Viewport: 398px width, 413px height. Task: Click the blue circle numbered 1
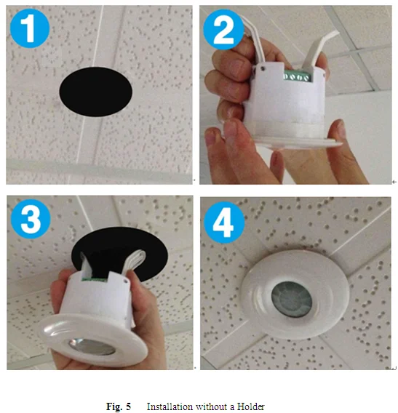30,28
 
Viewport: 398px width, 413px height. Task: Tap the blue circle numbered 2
223,30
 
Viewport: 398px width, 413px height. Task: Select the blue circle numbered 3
31,219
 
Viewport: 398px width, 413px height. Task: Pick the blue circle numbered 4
224,222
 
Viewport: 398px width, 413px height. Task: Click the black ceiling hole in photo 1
95,92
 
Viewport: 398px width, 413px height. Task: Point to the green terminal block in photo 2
297,76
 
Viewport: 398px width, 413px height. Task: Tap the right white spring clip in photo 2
321,50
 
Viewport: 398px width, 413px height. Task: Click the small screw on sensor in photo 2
263,68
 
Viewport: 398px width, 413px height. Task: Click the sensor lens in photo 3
92,346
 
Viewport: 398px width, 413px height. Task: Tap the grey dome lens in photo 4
292,300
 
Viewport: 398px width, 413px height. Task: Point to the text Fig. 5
119,406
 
